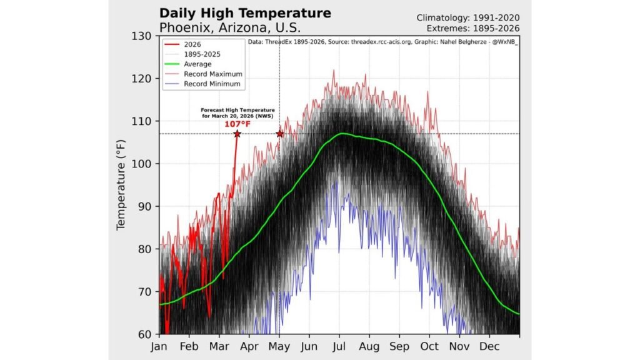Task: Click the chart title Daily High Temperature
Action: pyautogui.click(x=245, y=13)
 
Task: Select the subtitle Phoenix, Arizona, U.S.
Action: pyautogui.click(x=230, y=27)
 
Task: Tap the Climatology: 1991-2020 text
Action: pyautogui.click(x=468, y=17)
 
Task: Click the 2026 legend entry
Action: pyautogui.click(x=192, y=44)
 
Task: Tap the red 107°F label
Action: pyautogui.click(x=237, y=124)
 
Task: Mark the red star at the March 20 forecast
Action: pyautogui.click(x=237, y=134)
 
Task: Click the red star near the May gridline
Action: pyautogui.click(x=279, y=134)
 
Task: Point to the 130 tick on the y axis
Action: pyautogui.click(x=144, y=36)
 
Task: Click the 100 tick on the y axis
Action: pyautogui.click(x=144, y=164)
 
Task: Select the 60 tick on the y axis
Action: pyautogui.click(x=147, y=334)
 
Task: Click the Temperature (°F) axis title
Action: pyautogui.click(x=122, y=184)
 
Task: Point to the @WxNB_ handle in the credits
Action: pyautogui.click(x=507, y=43)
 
